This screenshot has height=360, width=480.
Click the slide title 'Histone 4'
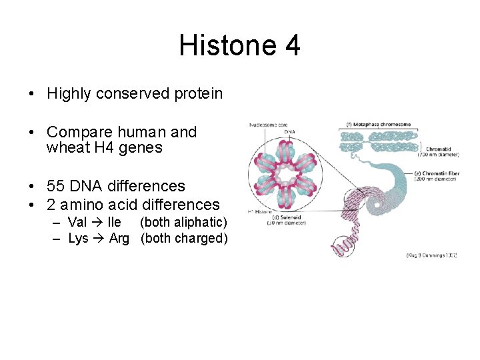click(239, 46)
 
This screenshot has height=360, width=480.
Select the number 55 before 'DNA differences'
click(56, 186)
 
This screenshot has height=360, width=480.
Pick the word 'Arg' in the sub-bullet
click(119, 239)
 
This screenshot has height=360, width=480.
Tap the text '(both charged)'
click(184, 239)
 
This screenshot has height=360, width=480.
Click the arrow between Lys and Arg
click(99, 239)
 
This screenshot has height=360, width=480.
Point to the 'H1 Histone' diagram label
click(259, 211)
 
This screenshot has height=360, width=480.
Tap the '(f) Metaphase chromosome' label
click(378, 124)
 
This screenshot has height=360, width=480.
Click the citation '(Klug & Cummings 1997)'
click(431, 255)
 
